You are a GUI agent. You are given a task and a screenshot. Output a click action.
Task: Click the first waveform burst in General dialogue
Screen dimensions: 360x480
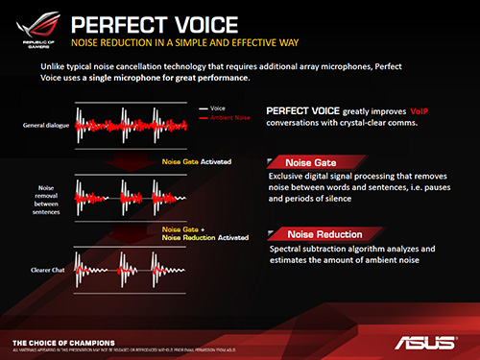pos(93,125)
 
